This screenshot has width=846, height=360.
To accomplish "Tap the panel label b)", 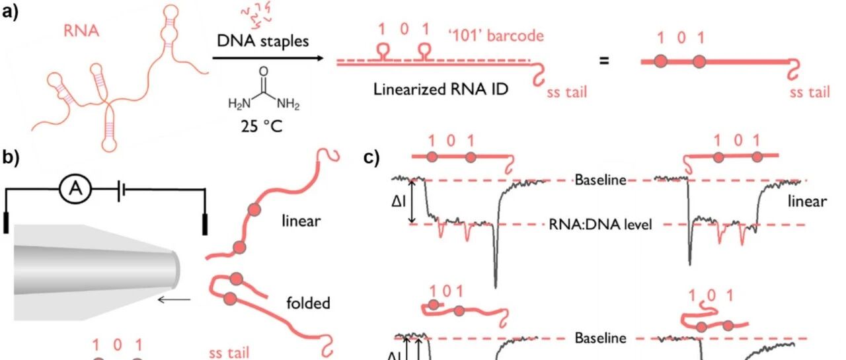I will click(12, 159).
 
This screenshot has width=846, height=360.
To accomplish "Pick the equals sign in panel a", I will click(603, 61).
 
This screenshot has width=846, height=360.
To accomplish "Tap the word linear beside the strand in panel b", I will click(301, 221).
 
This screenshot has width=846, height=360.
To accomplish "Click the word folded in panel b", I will click(308, 304).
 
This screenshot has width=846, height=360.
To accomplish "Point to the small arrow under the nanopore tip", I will click(174, 300).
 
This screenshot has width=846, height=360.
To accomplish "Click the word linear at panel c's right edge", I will click(807, 201).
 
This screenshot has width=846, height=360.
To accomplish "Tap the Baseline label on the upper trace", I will click(600, 180).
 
